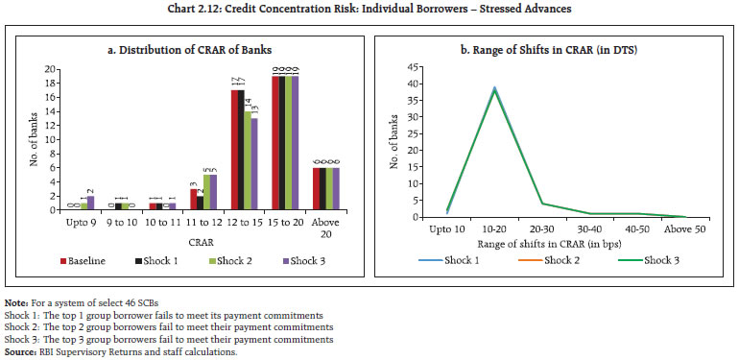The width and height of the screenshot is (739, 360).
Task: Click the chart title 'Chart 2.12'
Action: [x=369, y=9]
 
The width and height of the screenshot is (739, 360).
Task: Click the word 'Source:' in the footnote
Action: [x=20, y=351]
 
